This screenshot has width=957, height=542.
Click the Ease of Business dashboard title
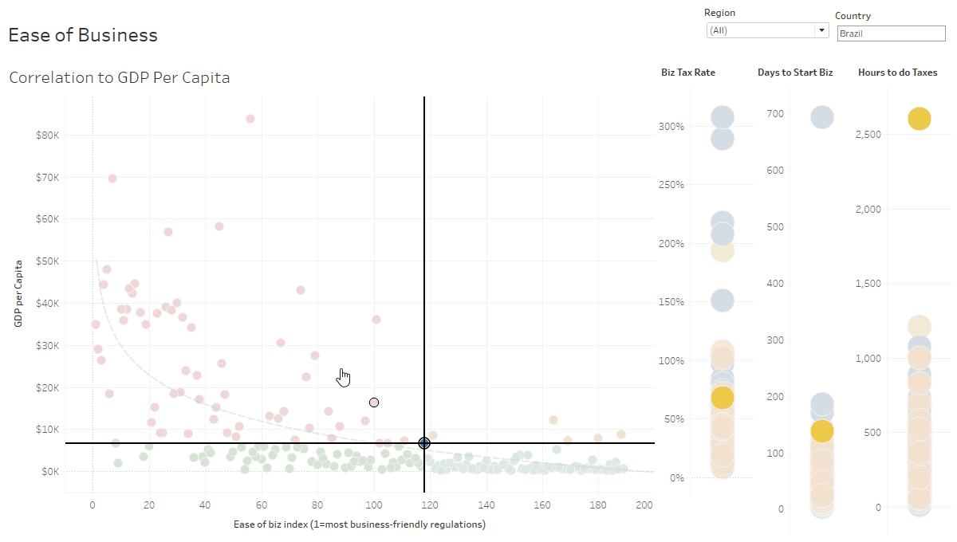83,35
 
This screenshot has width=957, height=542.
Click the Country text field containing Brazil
890,33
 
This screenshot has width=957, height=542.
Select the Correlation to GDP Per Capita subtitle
119,78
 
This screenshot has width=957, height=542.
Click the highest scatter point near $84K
250,119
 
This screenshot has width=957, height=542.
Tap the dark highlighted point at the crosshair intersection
424,443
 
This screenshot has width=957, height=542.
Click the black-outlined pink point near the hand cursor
373,403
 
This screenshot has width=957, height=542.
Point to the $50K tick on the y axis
47,261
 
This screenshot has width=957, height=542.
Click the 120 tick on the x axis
430,505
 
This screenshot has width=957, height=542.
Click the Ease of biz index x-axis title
359,524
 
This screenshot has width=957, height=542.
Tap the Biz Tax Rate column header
687,73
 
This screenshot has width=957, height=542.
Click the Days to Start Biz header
794,73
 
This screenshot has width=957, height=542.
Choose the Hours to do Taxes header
897,73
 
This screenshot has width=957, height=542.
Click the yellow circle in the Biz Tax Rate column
722,397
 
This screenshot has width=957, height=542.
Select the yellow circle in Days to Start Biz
822,430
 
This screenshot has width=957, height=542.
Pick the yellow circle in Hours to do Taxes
919,119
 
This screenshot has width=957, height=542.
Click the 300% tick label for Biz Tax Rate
671,126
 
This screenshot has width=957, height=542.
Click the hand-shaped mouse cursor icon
344,377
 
